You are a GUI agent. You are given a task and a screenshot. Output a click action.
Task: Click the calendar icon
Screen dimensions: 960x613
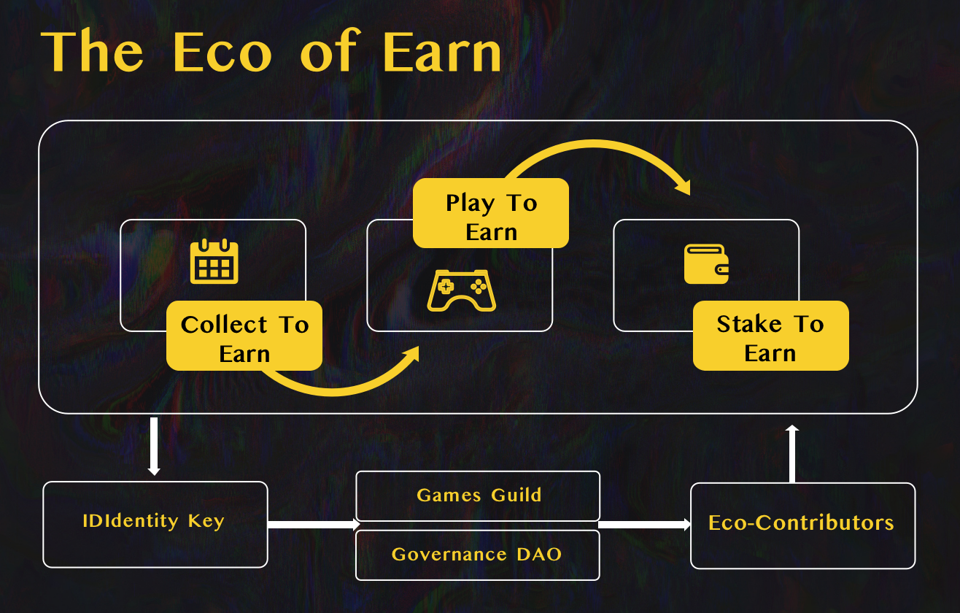pyautogui.click(x=214, y=261)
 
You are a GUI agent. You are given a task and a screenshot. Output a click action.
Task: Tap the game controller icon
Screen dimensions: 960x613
pyautogui.click(x=462, y=290)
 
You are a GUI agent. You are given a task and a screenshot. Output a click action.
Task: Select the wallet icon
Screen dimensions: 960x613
pyautogui.click(x=706, y=263)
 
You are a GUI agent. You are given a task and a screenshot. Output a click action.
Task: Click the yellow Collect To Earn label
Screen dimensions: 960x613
pyautogui.click(x=244, y=336)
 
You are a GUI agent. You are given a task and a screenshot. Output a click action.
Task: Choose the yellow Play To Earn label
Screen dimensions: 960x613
pyautogui.click(x=491, y=213)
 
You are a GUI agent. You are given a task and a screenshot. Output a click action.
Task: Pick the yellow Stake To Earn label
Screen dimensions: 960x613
pyautogui.click(x=770, y=336)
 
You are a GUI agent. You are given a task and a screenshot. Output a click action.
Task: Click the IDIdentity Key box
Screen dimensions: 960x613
pyautogui.click(x=155, y=524)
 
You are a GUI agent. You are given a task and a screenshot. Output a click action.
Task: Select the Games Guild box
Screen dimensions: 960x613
pyautogui.click(x=478, y=496)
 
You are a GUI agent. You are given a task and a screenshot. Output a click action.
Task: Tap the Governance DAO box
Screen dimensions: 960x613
pyautogui.click(x=478, y=555)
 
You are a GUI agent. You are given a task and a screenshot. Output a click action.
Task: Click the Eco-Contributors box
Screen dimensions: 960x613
pyautogui.click(x=802, y=525)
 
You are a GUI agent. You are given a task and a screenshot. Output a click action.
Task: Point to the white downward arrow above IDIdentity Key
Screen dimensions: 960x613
pyautogui.click(x=154, y=446)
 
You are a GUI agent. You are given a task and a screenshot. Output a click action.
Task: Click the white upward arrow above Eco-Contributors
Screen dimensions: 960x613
pyautogui.click(x=792, y=453)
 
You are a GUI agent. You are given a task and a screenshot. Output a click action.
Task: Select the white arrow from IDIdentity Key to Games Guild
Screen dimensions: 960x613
pyautogui.click(x=314, y=524)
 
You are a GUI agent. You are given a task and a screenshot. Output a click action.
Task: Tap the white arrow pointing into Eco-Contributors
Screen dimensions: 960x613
pyautogui.click(x=645, y=524)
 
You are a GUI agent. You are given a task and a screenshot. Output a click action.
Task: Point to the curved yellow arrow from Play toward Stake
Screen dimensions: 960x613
pyautogui.click(x=596, y=144)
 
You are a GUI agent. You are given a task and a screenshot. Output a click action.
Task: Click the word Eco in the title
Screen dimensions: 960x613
pyautogui.click(x=222, y=51)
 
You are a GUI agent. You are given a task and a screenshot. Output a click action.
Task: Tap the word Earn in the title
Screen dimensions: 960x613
pyautogui.click(x=442, y=51)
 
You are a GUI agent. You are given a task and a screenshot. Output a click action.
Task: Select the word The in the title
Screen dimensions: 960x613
pyautogui.click(x=92, y=51)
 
